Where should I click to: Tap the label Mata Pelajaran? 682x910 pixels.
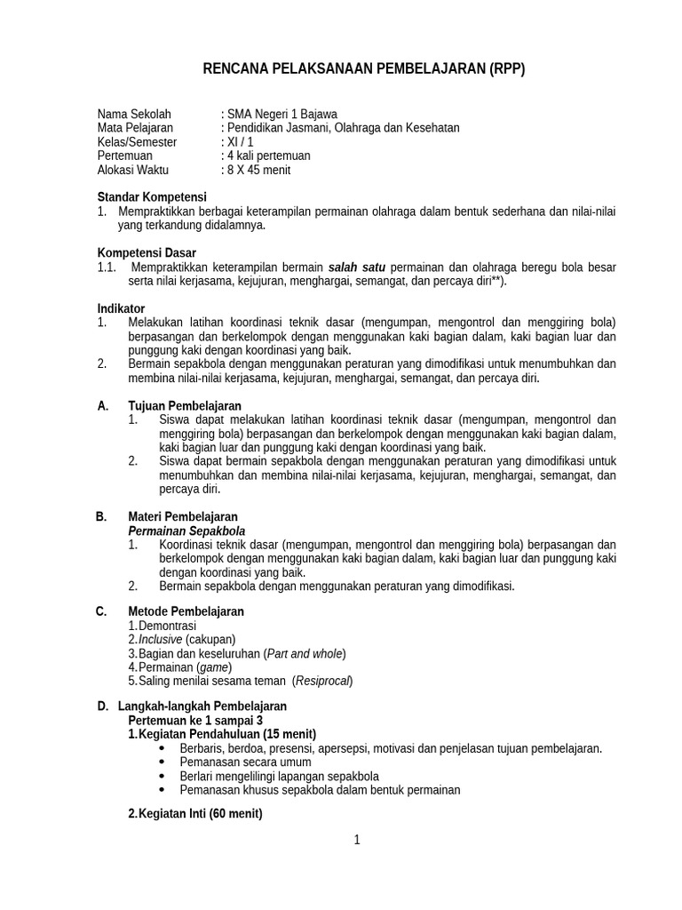(x=135, y=128)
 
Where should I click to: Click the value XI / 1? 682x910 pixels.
(x=240, y=142)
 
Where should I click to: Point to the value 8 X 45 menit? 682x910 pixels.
(x=258, y=170)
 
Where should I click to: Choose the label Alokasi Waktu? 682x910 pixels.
(x=132, y=170)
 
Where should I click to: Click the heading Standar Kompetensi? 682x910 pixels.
(x=152, y=196)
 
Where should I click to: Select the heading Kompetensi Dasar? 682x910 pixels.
(x=147, y=252)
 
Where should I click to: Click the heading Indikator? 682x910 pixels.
(x=121, y=308)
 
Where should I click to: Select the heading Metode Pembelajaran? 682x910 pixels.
(x=186, y=611)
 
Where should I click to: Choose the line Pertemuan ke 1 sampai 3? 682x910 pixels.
(x=195, y=720)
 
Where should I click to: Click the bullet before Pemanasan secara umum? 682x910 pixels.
(x=162, y=762)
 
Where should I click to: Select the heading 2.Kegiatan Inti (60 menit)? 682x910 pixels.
(x=195, y=812)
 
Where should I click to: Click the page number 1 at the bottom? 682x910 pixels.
(x=357, y=841)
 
